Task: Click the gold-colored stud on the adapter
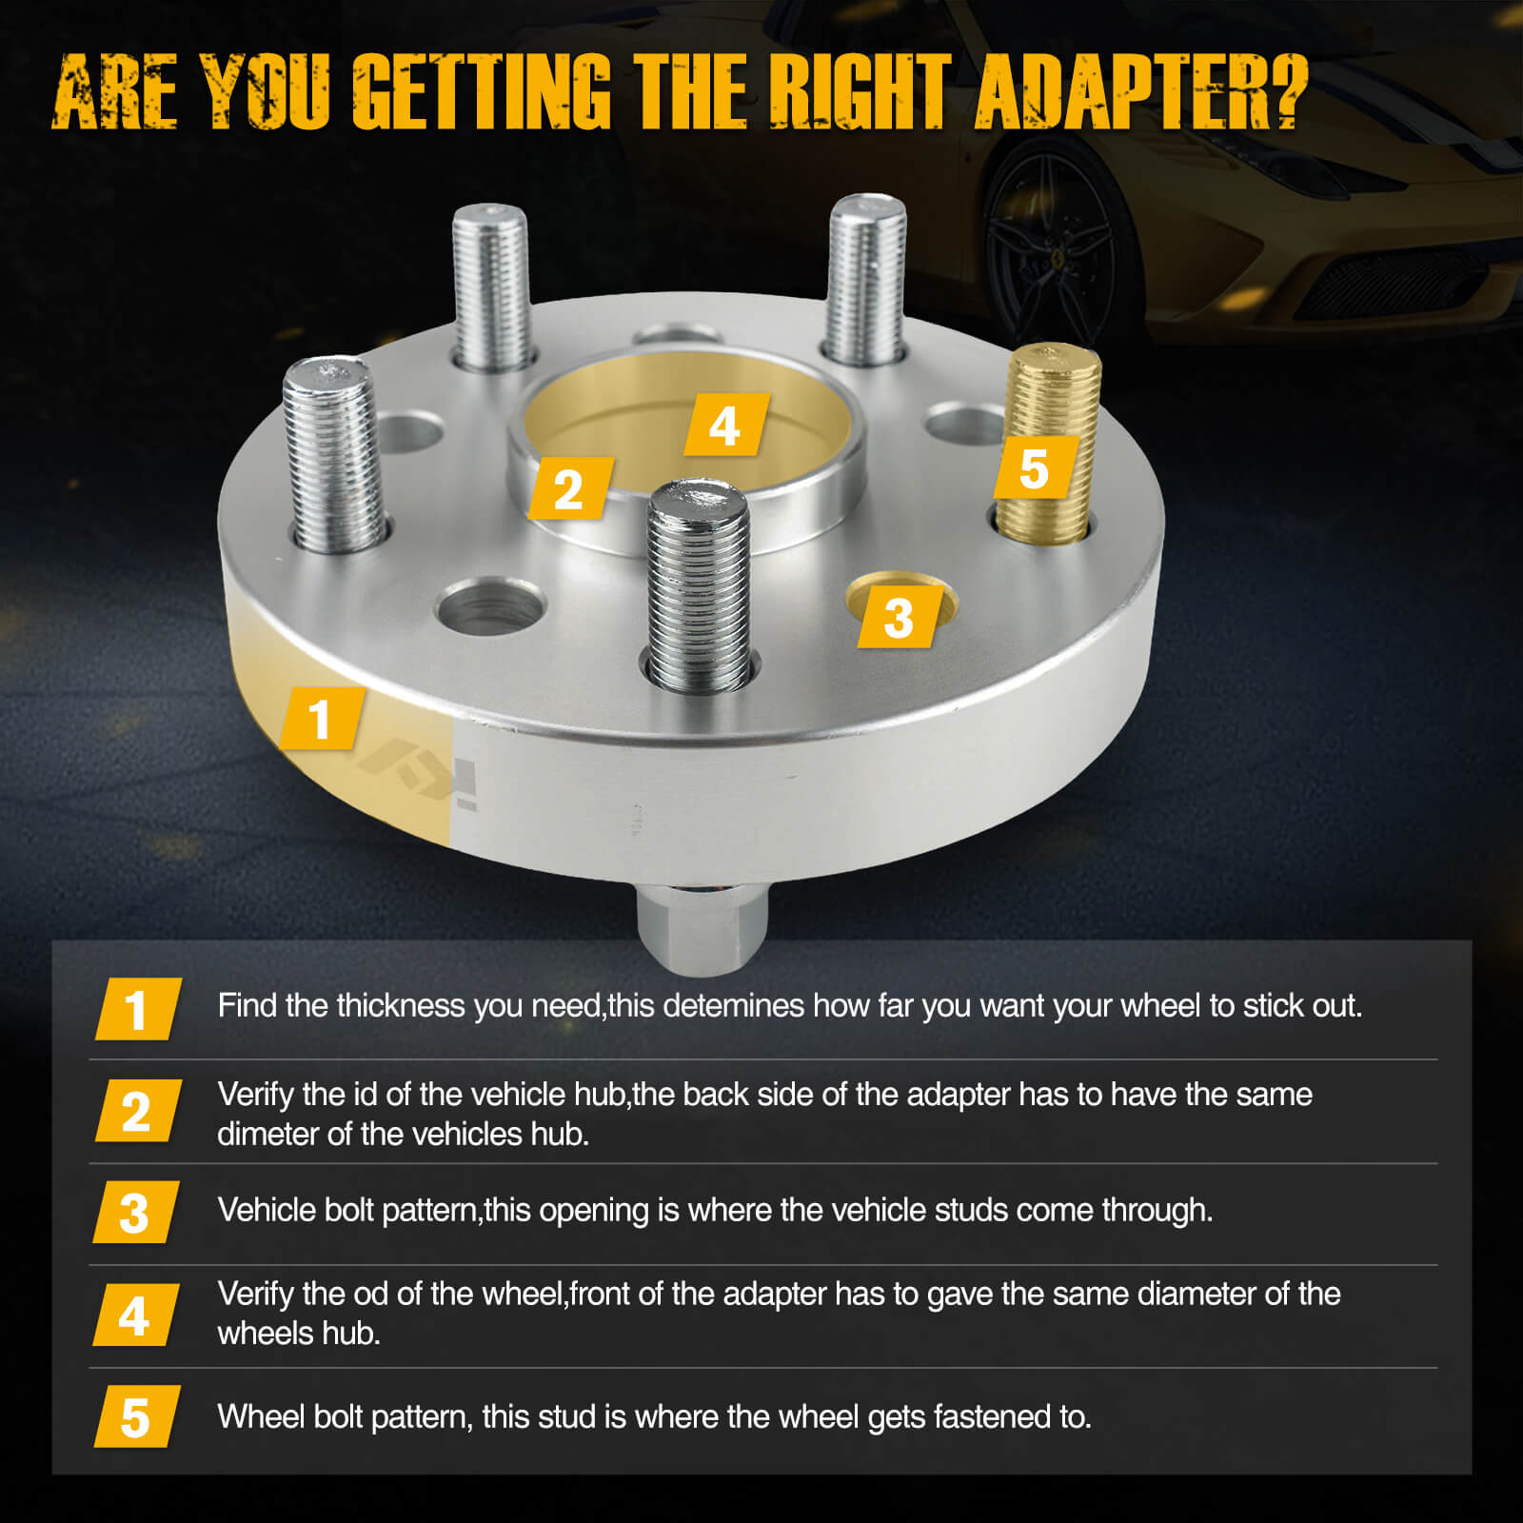click(x=1052, y=400)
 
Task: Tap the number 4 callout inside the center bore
click(x=725, y=425)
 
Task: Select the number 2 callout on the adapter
click(x=569, y=489)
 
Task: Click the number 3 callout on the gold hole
click(x=900, y=618)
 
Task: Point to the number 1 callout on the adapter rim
click(x=321, y=719)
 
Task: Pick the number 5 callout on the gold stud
click(x=1035, y=468)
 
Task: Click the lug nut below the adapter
click(x=702, y=928)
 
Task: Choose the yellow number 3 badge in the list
click(x=134, y=1213)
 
